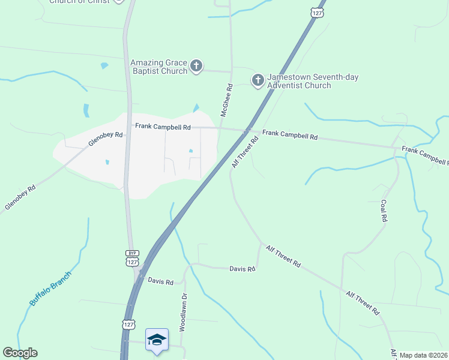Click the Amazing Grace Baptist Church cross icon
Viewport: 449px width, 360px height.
click(x=196, y=66)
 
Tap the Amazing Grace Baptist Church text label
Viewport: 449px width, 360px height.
click(x=159, y=67)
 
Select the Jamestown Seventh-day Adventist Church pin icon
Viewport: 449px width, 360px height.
click(x=258, y=80)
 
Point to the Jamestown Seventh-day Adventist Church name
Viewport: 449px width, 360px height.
click(x=299, y=82)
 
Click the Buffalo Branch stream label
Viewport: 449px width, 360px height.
click(x=50, y=289)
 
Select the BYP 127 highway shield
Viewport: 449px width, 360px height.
click(x=132, y=259)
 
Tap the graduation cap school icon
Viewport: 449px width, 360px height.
click(x=157, y=340)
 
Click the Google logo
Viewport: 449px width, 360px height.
click(x=20, y=353)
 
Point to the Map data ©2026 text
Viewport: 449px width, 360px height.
click(x=423, y=355)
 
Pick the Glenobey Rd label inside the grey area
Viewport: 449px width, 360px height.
click(x=105, y=139)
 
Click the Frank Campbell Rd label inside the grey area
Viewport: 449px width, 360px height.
click(x=162, y=127)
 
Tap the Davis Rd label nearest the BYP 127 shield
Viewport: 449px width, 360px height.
click(x=160, y=281)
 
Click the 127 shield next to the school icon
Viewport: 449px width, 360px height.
click(x=128, y=325)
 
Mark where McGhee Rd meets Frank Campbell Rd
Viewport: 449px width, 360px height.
click(x=220, y=128)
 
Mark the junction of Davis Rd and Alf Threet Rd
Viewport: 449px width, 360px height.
click(x=261, y=244)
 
